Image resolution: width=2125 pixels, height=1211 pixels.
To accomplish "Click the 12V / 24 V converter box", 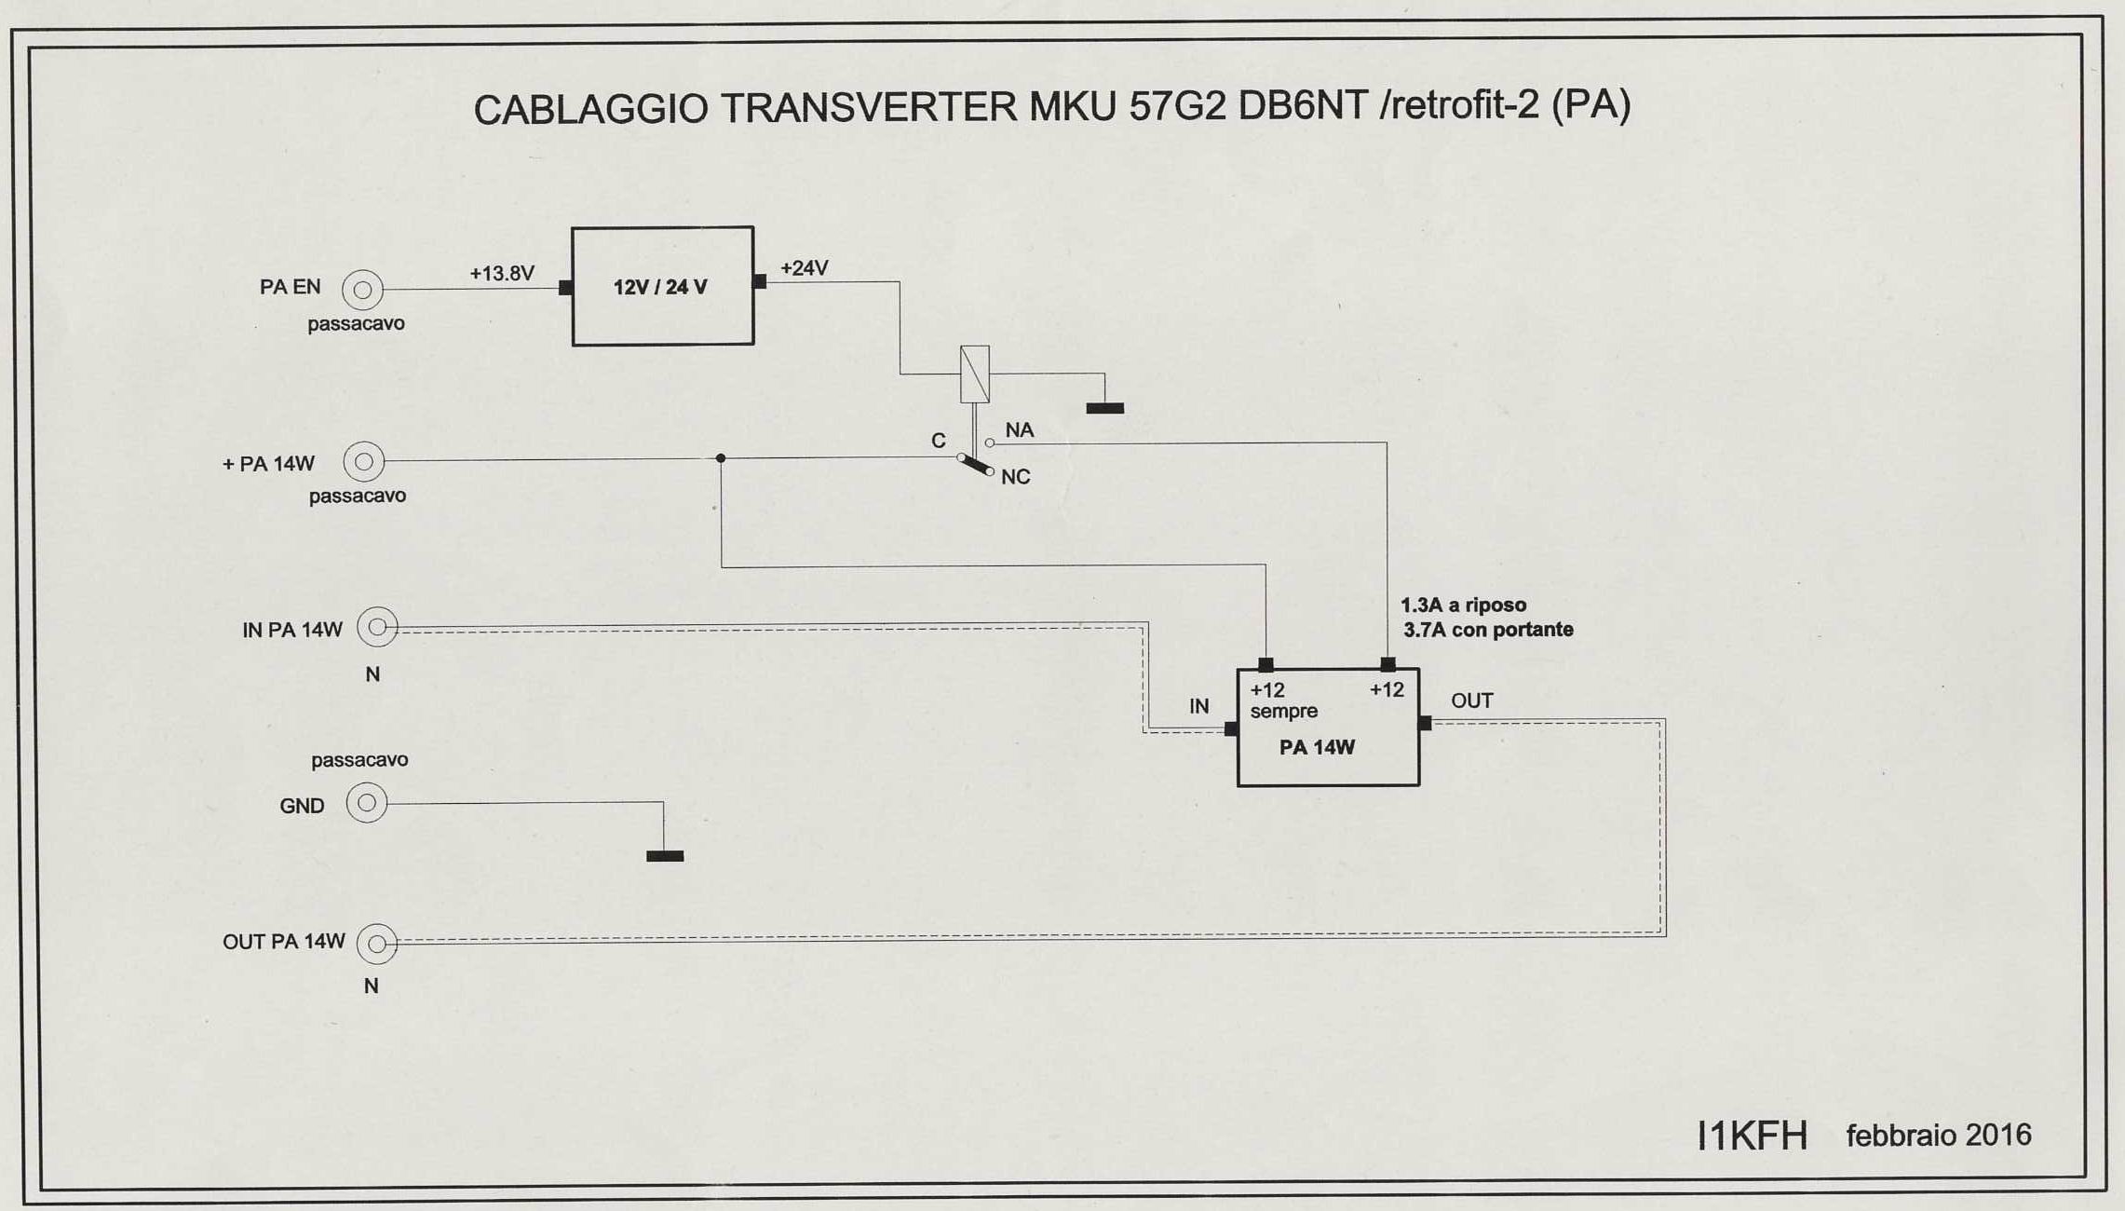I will click(662, 286).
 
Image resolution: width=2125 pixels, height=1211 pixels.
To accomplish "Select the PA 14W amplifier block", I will click(1327, 728).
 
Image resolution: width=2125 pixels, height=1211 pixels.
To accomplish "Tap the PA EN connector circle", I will click(362, 290).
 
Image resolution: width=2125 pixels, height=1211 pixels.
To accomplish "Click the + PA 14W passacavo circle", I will click(364, 461).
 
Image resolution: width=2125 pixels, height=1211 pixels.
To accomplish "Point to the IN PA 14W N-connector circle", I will click(377, 627).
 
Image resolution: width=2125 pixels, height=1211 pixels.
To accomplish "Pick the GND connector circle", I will click(367, 803).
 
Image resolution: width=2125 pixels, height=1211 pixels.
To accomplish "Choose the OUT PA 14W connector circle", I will click(377, 944).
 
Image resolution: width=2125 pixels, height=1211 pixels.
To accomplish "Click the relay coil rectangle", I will click(974, 374).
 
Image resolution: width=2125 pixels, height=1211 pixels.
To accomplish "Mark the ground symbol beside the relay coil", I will click(1104, 407).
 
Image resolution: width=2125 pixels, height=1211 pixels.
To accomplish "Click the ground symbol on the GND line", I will click(665, 855).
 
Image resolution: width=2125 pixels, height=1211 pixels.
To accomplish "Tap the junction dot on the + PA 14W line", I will click(721, 458).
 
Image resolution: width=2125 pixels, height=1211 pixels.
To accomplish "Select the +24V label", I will click(804, 268).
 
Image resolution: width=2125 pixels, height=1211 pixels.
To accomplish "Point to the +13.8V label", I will click(502, 274).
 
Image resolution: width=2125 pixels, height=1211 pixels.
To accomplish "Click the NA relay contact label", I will click(1020, 430).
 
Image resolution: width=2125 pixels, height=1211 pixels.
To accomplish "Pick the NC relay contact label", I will click(1015, 477).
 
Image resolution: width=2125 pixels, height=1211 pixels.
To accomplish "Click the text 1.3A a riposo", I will click(1463, 605).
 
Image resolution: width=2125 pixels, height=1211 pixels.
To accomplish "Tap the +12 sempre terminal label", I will click(1282, 701).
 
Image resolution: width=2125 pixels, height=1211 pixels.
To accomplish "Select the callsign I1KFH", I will click(1752, 1136).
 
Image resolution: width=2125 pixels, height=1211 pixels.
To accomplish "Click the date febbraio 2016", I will click(1938, 1136).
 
